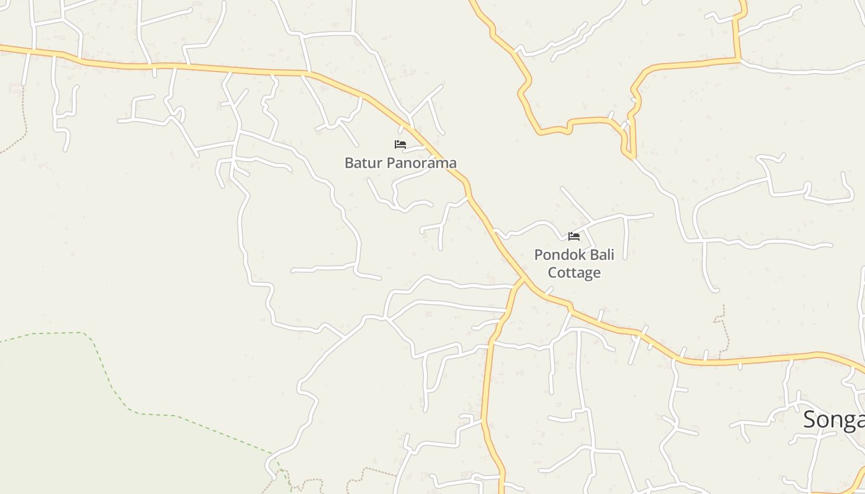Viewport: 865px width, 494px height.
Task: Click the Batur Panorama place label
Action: coord(400,163)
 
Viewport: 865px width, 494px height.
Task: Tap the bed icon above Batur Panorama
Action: coord(400,144)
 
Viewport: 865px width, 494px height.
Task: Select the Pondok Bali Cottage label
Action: coord(574,264)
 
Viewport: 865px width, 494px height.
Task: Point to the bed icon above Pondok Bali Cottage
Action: coord(574,236)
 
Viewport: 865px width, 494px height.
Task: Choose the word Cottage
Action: coord(575,272)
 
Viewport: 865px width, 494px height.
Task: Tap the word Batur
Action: coord(361,163)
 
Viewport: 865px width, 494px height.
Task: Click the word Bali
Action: coord(600,254)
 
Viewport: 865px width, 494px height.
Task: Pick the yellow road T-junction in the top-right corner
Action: coord(738,60)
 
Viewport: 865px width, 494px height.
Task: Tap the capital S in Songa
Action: coord(811,420)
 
